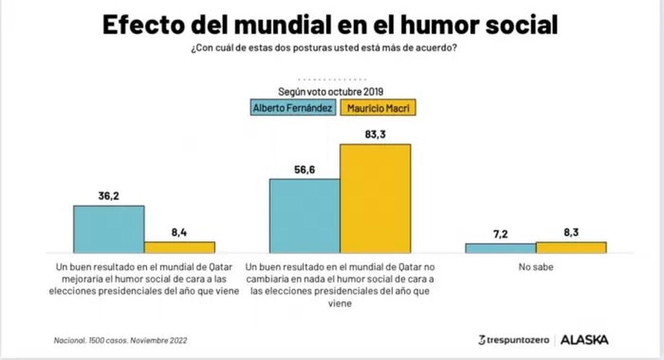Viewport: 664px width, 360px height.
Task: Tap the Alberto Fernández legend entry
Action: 293,108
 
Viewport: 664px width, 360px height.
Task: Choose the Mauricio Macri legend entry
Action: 378,108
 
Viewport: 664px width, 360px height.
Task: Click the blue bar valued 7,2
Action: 500,248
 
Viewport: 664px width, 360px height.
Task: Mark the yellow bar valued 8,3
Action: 571,247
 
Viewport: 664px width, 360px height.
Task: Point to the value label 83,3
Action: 375,134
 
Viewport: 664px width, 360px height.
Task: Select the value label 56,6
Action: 304,169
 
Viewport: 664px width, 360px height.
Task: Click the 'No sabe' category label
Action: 536,267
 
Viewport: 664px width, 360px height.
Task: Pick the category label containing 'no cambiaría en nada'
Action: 341,285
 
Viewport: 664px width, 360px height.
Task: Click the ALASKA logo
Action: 584,340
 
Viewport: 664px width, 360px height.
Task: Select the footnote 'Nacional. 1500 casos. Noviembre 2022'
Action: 120,341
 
